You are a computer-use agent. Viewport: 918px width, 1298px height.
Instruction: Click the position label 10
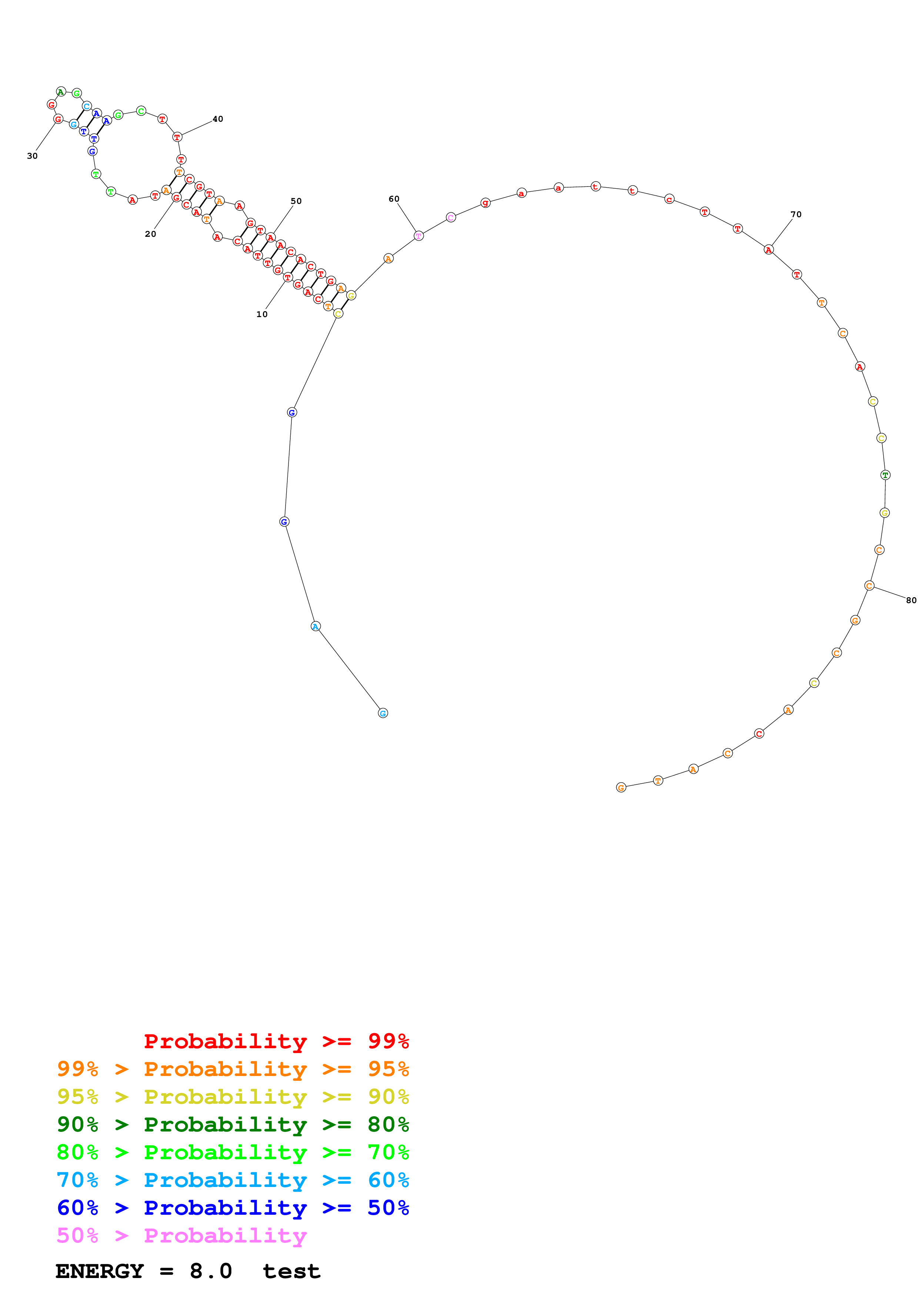[262, 314]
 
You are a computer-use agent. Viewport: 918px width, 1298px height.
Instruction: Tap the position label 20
[150, 234]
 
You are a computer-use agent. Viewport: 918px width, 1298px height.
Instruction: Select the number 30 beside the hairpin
[32, 156]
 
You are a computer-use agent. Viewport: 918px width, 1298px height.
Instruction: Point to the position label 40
[218, 119]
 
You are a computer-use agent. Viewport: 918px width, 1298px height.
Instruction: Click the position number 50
[296, 201]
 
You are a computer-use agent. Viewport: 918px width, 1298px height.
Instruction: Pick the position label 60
[394, 199]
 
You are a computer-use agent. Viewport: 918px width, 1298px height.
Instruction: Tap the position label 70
[796, 214]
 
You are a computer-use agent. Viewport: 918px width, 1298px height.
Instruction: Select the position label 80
[911, 601]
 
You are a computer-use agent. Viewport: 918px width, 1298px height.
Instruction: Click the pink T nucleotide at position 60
[418, 236]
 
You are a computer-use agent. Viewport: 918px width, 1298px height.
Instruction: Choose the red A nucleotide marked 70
[768, 249]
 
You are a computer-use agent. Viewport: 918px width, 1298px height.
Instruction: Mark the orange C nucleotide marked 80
[869, 586]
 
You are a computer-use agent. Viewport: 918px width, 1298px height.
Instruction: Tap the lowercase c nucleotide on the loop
[669, 199]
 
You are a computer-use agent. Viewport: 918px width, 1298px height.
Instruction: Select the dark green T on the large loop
[885, 475]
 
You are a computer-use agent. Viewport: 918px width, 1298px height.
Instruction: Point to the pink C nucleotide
[450, 217]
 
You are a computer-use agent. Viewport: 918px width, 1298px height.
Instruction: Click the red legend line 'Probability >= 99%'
[276, 1041]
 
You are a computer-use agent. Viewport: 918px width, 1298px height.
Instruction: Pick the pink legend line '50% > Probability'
[181, 1236]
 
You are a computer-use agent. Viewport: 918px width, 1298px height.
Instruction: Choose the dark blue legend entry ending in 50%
[233, 1208]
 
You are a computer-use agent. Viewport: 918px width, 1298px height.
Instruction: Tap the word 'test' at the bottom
[291, 1271]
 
